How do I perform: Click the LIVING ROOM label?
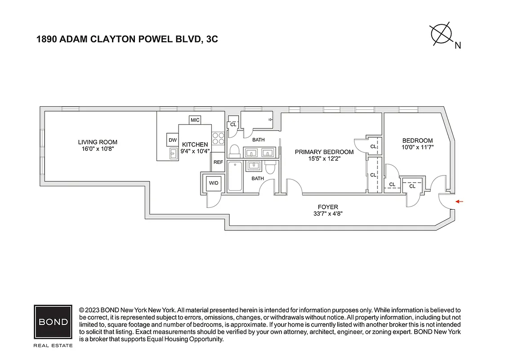98,142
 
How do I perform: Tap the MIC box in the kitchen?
195,120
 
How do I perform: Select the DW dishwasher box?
173,140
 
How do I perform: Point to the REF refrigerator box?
218,162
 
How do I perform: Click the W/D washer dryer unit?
213,183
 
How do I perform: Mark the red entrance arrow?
459,202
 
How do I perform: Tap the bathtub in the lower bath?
235,176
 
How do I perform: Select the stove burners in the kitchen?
218,138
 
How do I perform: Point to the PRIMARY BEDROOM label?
324,152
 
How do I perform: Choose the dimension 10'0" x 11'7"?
417,147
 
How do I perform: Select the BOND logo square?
53,322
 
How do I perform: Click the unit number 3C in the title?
211,40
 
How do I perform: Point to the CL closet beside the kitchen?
233,125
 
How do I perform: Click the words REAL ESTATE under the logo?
53,346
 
